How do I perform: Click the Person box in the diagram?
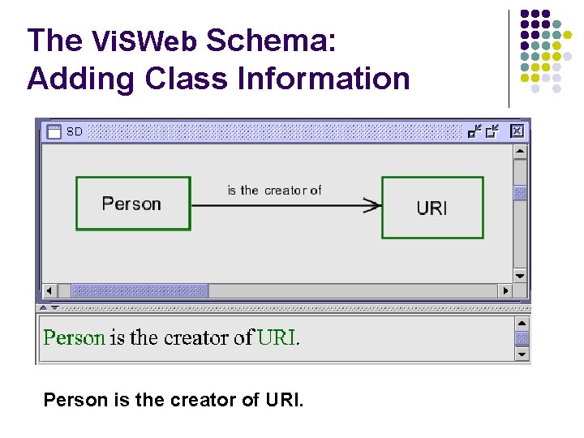132,204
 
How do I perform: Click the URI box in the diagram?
432,208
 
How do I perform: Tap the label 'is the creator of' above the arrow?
274,191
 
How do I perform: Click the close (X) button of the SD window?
517,131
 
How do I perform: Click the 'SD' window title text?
75,131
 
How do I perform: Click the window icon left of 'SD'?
54,131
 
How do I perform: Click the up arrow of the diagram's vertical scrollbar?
520,152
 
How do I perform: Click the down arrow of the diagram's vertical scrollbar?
520,274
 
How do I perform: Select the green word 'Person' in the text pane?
74,337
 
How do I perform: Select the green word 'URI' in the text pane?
277,337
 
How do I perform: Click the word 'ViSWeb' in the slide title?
144,41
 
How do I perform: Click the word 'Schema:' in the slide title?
272,41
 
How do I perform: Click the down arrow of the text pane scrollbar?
522,354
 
